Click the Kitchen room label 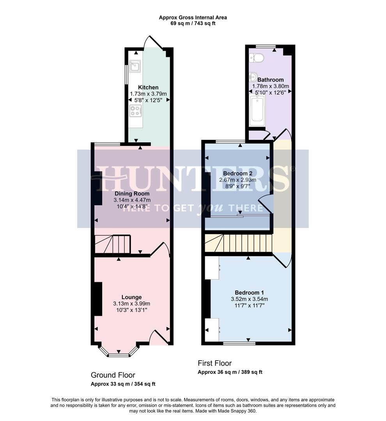pyautogui.click(x=148, y=87)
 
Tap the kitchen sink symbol pyautogui.click(x=135, y=66)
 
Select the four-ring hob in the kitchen pyautogui.click(x=135, y=111)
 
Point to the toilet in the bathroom pyautogui.click(x=257, y=58)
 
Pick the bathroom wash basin pyautogui.click(x=253, y=77)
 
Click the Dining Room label pyautogui.click(x=132, y=193)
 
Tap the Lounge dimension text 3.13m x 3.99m pyautogui.click(x=132, y=304)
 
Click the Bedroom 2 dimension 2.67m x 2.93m pyautogui.click(x=239, y=180)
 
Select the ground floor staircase pyautogui.click(x=113, y=244)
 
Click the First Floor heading pyautogui.click(x=214, y=363)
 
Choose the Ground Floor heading pyautogui.click(x=113, y=375)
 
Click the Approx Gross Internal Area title pyautogui.click(x=193, y=18)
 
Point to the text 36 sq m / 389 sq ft pyautogui.click(x=230, y=372)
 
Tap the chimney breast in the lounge pyautogui.click(x=98, y=299)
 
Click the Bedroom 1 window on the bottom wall pyautogui.click(x=239, y=343)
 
